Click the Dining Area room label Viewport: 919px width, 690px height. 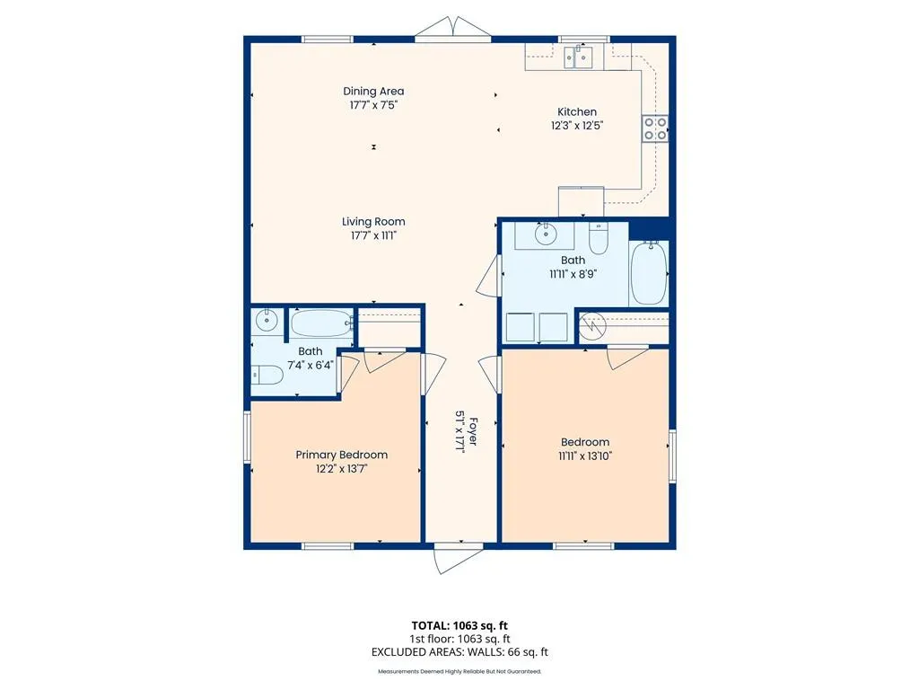pyautogui.click(x=373, y=91)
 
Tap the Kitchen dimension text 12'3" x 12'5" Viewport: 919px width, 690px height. pyautogui.click(x=577, y=125)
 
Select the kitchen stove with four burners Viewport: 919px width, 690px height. pyautogui.click(x=654, y=128)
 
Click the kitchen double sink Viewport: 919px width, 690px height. pyautogui.click(x=578, y=57)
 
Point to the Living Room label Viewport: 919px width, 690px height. pyautogui.click(x=373, y=222)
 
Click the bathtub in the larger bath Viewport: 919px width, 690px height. pyautogui.click(x=650, y=273)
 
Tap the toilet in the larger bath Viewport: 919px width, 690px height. pyautogui.click(x=599, y=238)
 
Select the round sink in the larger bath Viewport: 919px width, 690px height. pyautogui.click(x=546, y=234)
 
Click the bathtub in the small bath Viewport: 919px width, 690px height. pyautogui.click(x=321, y=323)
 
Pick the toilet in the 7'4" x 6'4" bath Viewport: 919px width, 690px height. pyautogui.click(x=267, y=375)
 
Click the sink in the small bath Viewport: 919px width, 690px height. pyautogui.click(x=267, y=321)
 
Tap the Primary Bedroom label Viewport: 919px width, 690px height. pyautogui.click(x=342, y=455)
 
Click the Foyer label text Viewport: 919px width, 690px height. pyautogui.click(x=473, y=431)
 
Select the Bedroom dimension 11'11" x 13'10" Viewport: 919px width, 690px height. pyautogui.click(x=585, y=456)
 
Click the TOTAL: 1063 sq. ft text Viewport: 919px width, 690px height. pyautogui.click(x=459, y=625)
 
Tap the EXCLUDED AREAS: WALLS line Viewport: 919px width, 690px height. pyautogui.click(x=459, y=652)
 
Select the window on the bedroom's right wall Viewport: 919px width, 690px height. pyautogui.click(x=673, y=456)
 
